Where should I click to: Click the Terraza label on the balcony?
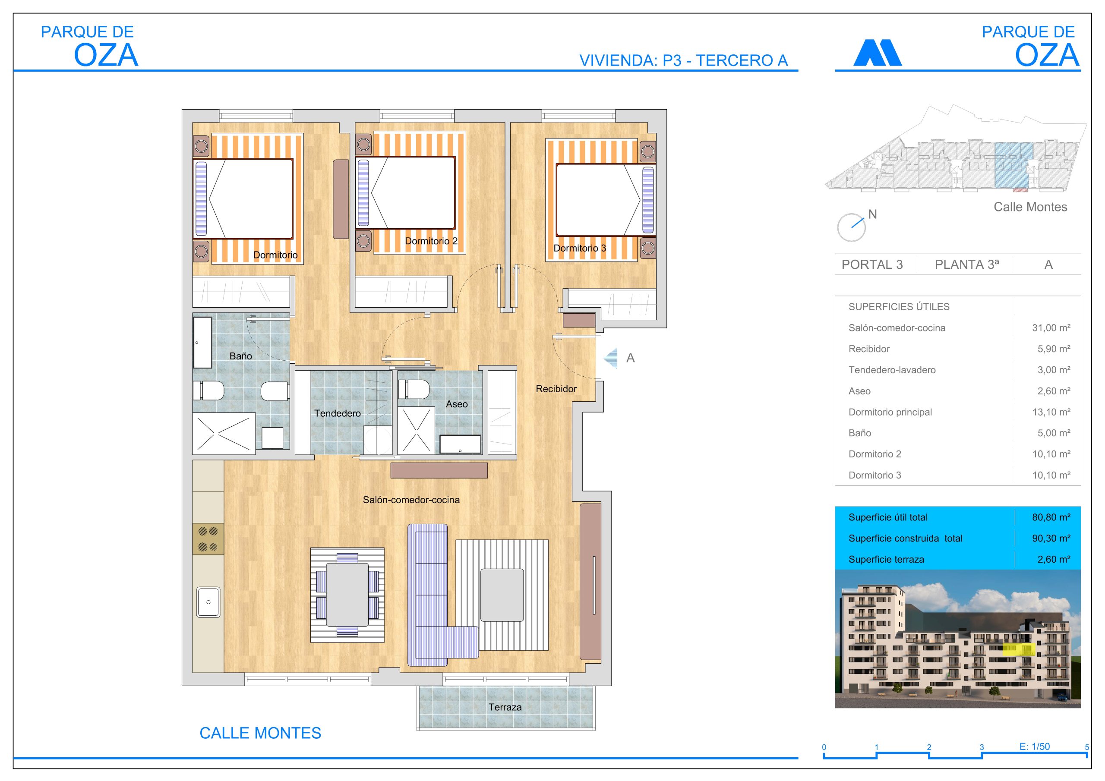[505, 707]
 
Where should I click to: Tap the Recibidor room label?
[556, 388]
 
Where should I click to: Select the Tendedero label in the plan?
[338, 413]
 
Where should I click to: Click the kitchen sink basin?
[208, 601]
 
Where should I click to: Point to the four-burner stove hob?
[208, 539]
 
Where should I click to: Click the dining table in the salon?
[347, 594]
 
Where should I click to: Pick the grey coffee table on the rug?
[502, 595]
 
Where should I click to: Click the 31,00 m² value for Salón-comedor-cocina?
[1051, 328]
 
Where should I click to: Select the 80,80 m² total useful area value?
[1051, 517]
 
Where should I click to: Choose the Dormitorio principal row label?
[890, 412]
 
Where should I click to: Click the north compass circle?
[851, 227]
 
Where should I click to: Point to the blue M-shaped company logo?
[878, 53]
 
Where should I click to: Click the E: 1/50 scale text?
[1035, 746]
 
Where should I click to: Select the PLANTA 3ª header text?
[967, 265]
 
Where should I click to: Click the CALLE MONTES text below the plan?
[260, 733]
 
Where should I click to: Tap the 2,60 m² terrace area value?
[1054, 559]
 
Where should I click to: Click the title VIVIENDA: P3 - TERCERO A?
[683, 61]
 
